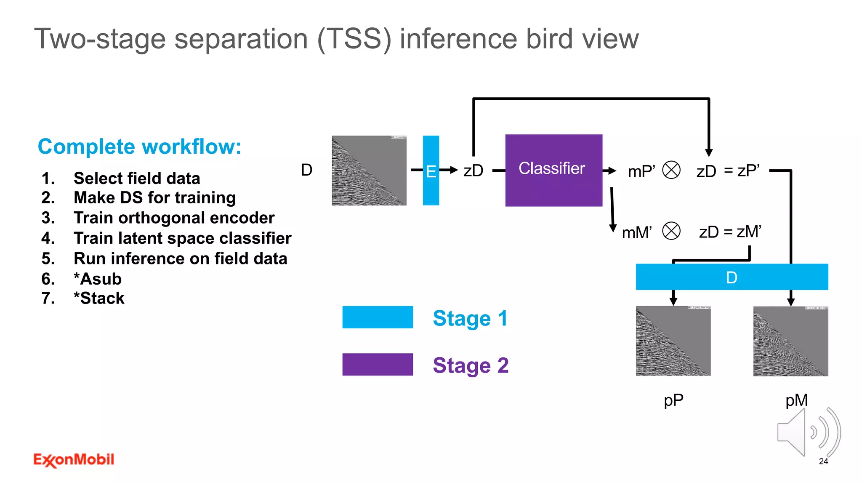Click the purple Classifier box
point(553,170)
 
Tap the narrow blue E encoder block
point(431,171)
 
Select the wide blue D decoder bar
point(732,277)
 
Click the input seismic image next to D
point(369,171)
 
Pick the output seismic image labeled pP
point(673,341)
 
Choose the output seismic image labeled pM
point(790,341)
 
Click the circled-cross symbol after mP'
point(671,170)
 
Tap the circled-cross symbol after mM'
point(671,231)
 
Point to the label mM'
point(637,232)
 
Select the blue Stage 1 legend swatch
point(378,317)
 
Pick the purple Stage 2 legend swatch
point(378,365)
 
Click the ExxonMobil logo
point(74,460)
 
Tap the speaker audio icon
point(808,432)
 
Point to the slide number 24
point(823,461)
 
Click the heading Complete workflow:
point(139,147)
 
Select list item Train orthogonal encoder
point(174,218)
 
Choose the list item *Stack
point(99,298)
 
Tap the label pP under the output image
point(673,400)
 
